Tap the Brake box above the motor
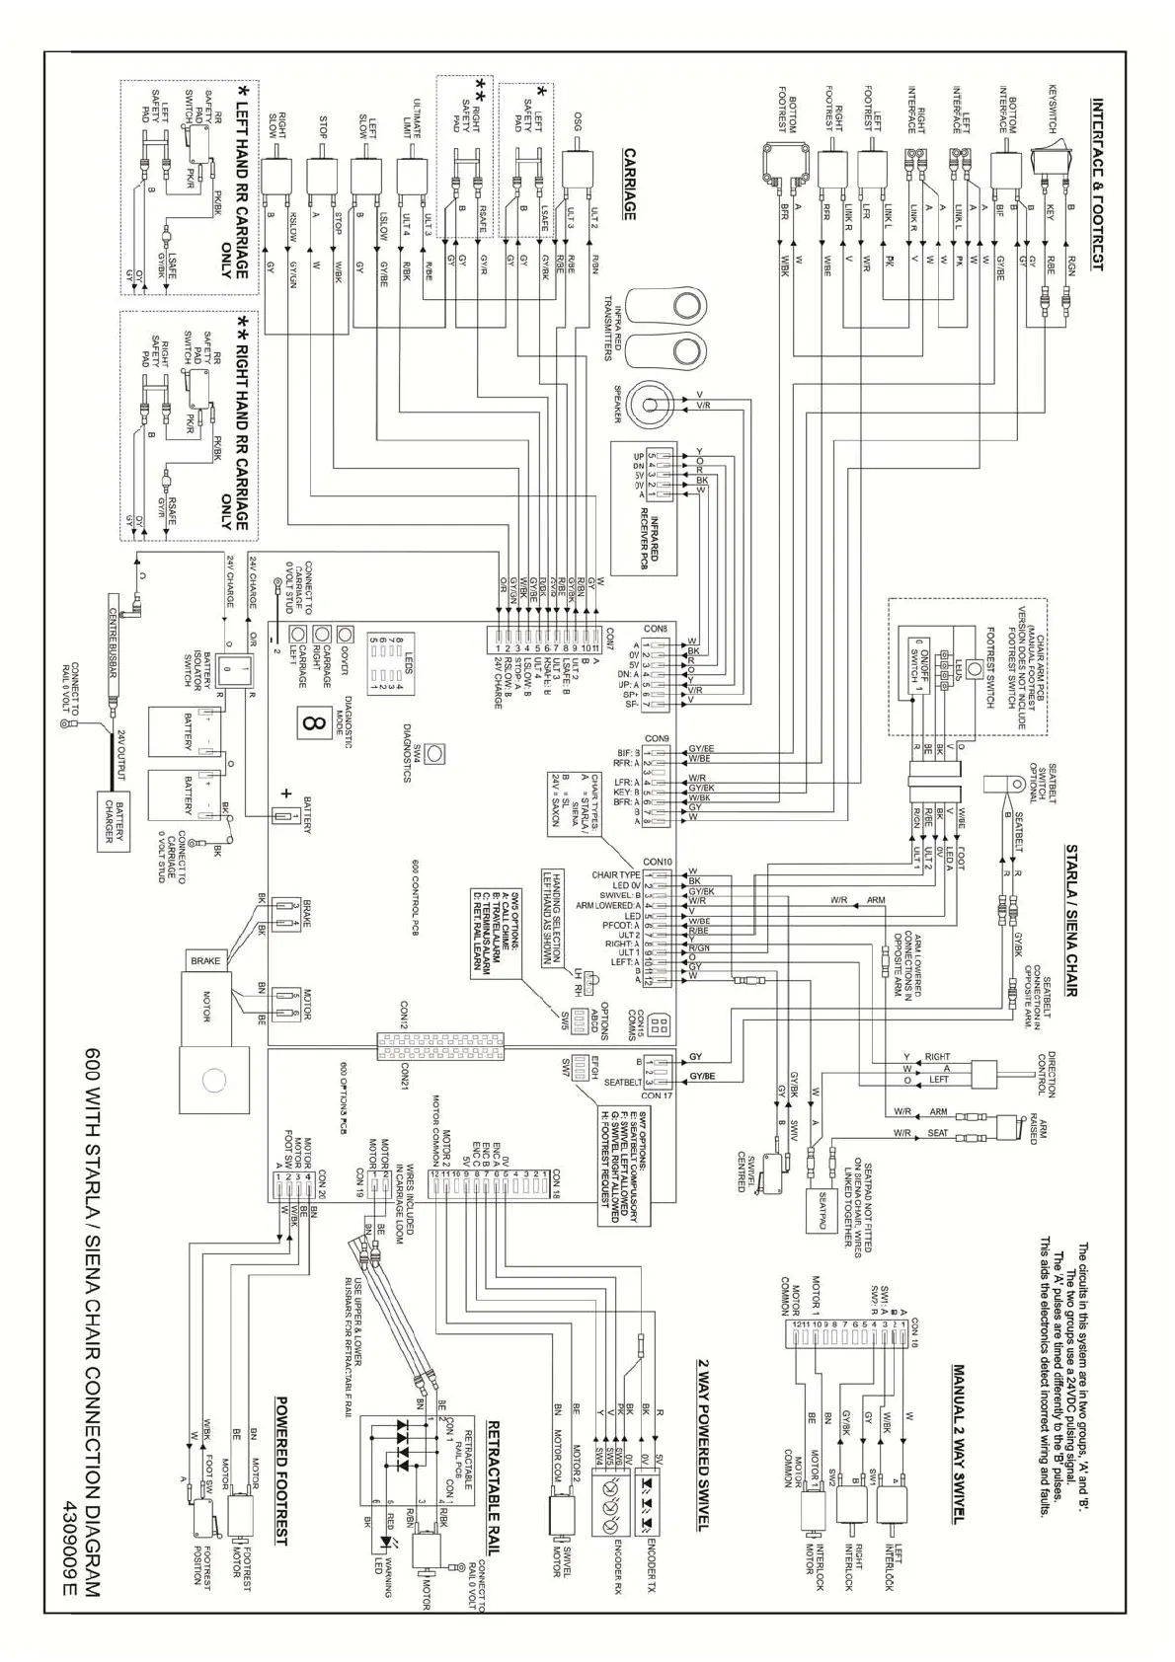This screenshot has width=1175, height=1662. click(205, 960)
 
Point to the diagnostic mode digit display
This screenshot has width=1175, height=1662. click(315, 723)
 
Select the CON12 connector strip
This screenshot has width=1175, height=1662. click(438, 1042)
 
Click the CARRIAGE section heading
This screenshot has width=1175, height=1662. click(628, 184)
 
